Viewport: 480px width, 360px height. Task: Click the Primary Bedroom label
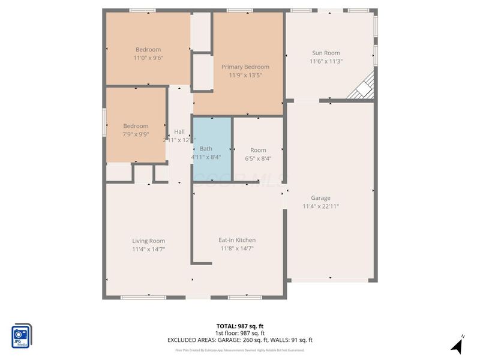tap(245, 67)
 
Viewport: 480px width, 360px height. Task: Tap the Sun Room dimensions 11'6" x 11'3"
tap(326, 61)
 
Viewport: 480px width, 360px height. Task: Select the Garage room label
tap(320, 198)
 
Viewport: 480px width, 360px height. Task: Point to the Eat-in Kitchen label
tap(237, 240)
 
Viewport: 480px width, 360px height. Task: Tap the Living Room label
tap(148, 241)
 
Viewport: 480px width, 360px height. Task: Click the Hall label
tap(179, 132)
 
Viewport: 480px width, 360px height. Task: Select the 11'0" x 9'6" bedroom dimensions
tap(148, 58)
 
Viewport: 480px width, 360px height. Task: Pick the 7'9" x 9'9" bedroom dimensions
tap(136, 134)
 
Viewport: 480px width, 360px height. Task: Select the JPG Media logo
tap(22, 335)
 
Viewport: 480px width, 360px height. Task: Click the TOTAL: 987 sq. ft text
tap(240, 326)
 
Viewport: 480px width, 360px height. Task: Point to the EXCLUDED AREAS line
tap(240, 340)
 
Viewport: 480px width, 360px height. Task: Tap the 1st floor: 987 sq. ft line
tap(240, 333)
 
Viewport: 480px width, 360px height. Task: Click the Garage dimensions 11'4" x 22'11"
tap(320, 206)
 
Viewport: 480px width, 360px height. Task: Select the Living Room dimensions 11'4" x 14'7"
tap(148, 249)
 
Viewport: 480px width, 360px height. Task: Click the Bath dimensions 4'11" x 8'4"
tap(206, 157)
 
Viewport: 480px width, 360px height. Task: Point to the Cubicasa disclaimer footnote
tap(240, 350)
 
